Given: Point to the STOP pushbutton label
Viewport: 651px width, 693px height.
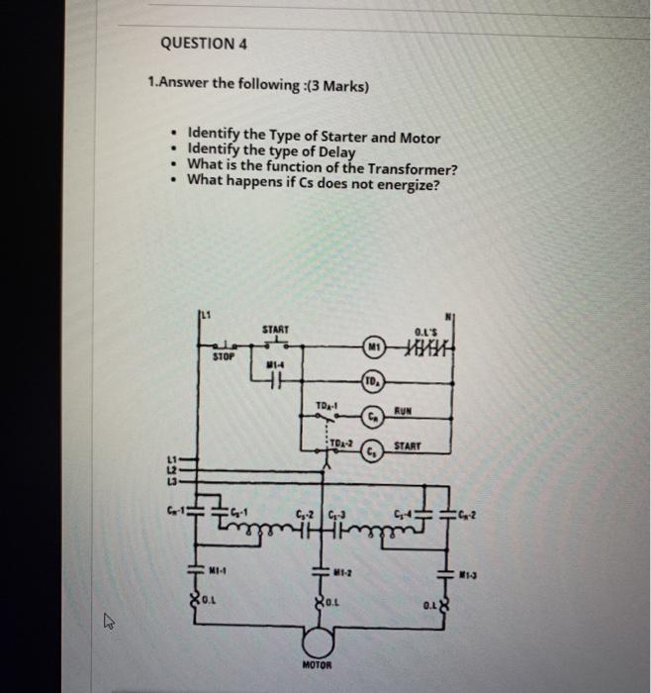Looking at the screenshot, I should tap(226, 357).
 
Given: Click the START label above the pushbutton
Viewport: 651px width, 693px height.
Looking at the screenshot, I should tap(275, 328).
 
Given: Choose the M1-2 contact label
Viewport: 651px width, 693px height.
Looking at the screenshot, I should tap(341, 570).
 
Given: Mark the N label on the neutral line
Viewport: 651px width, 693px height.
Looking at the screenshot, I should tap(448, 317).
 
